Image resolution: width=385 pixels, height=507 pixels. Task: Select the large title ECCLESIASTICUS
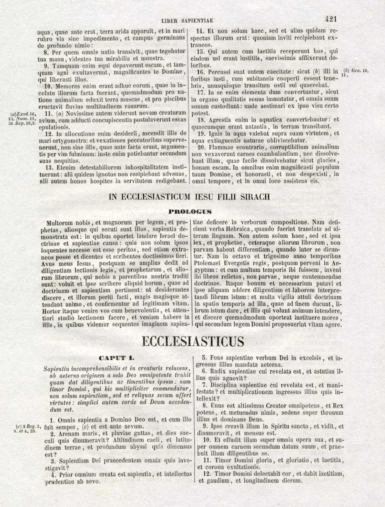point(193,341)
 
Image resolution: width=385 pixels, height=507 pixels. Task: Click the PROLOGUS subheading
point(190,212)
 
